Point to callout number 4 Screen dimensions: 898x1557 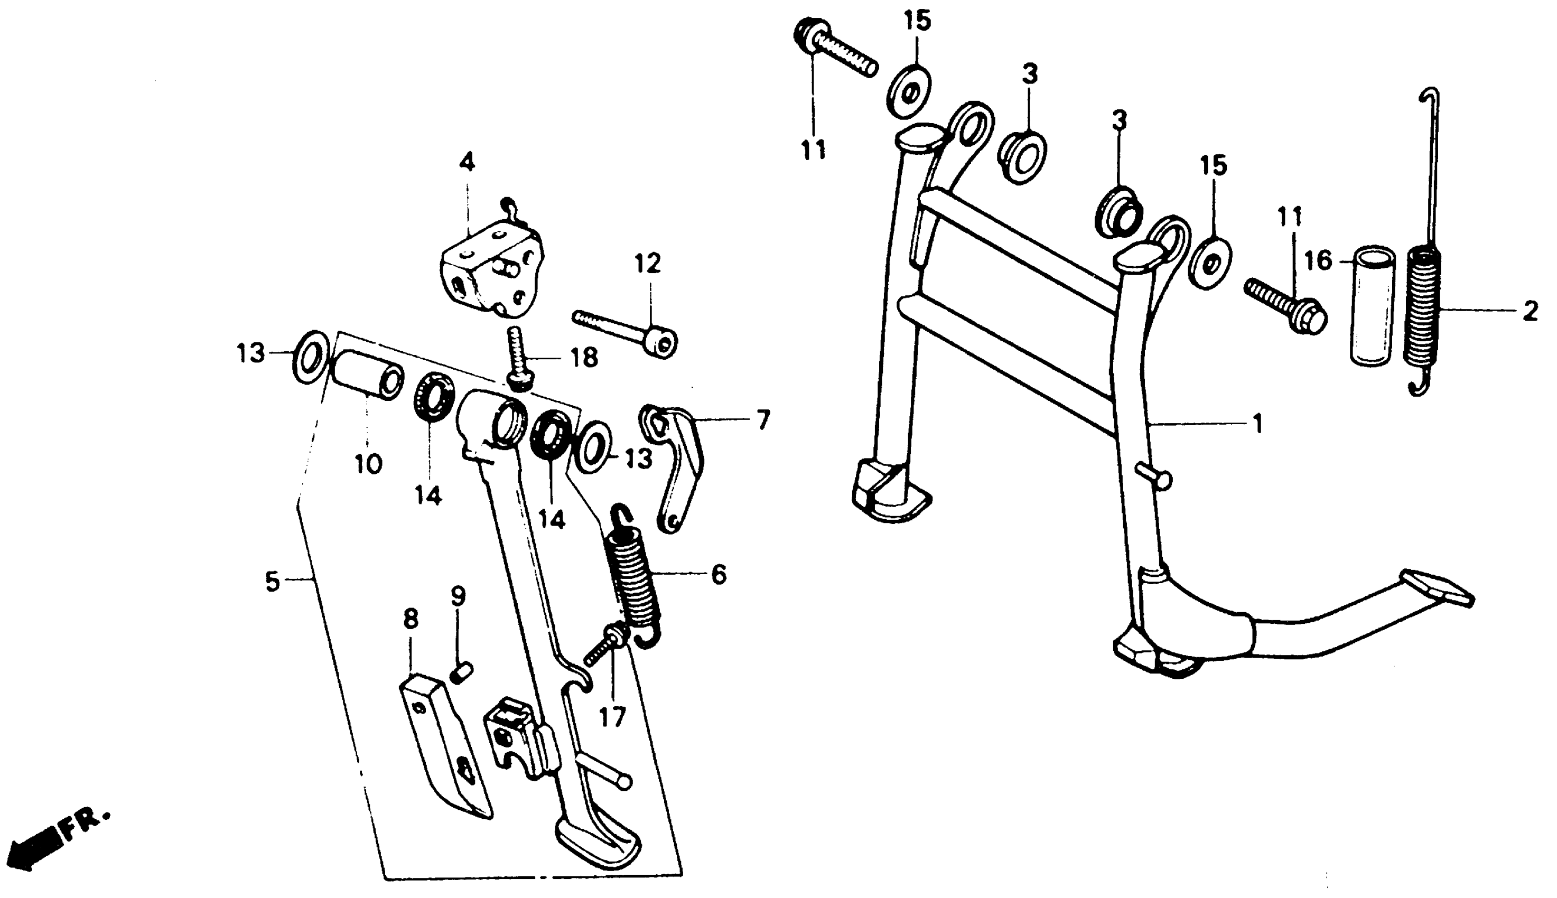coord(467,163)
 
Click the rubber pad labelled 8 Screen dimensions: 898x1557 coord(444,746)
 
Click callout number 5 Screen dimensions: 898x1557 coord(273,582)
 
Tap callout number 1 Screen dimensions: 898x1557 coord(1256,424)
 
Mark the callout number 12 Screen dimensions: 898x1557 coord(647,264)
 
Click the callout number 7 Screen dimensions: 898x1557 coord(763,420)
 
